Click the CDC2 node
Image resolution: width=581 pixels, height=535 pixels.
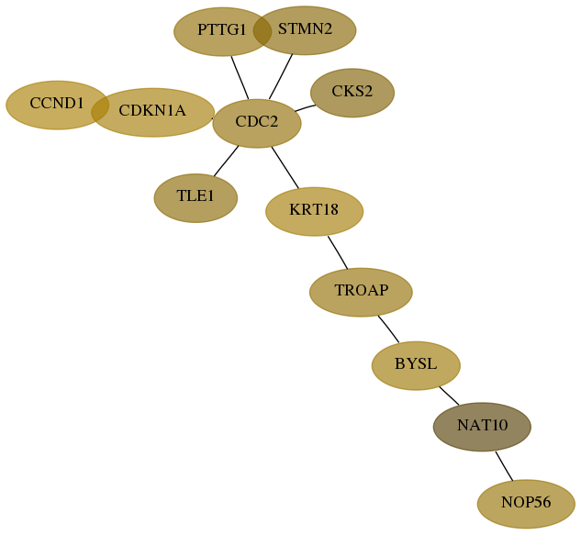coord(257,123)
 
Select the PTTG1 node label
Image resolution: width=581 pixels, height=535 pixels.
coord(221,29)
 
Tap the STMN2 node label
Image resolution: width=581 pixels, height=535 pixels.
coord(305,28)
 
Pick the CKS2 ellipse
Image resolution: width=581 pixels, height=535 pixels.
coord(352,93)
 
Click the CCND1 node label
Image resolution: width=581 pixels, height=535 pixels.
coord(57,104)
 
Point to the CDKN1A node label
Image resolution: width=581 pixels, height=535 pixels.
coord(152,110)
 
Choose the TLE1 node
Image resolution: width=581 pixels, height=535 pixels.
coord(196,198)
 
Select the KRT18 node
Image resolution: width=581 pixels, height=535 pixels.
coord(314,212)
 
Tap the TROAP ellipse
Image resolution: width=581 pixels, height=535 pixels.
coord(361,293)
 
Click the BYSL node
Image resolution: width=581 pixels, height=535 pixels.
coord(416,365)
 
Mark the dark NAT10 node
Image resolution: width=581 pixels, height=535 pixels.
coord(482,427)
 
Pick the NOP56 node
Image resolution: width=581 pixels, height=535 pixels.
coord(526,504)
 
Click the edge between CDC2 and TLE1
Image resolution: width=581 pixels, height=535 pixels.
coord(226,161)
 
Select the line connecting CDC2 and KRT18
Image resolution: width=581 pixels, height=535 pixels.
coord(285,167)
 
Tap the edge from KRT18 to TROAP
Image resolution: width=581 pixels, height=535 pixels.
coord(338,252)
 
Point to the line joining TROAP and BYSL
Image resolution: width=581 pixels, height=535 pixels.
coord(388,329)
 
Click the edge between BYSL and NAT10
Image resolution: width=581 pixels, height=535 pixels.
coord(449,396)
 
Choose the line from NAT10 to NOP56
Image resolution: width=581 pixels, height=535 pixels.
coord(504,466)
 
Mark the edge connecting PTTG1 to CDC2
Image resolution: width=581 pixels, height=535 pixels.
coord(240,78)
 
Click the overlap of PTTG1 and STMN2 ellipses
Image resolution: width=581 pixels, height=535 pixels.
coord(263,31)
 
